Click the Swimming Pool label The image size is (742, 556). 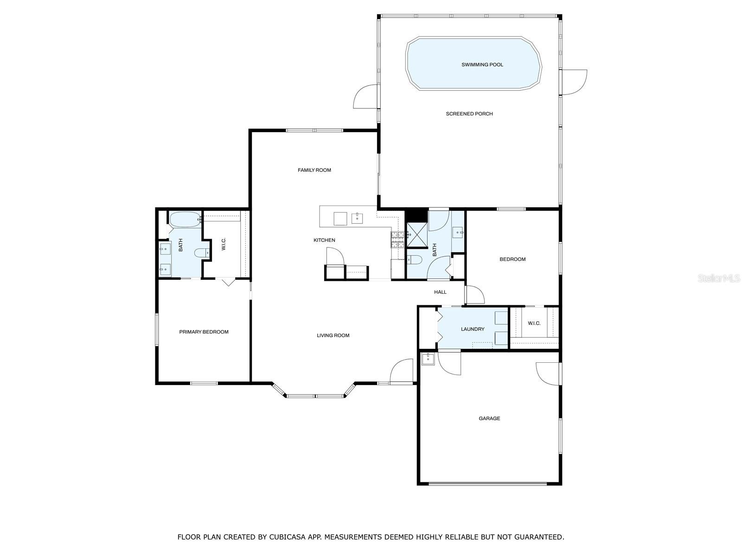(482, 64)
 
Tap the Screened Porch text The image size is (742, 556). (469, 114)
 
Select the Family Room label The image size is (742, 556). (314, 170)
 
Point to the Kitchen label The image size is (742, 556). (324, 240)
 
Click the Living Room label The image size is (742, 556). (333, 335)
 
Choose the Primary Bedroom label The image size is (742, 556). (204, 332)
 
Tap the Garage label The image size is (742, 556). (489, 418)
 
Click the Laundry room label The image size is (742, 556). (473, 329)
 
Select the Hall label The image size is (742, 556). (440, 292)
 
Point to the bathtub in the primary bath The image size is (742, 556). (185, 219)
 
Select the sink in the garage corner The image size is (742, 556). (429, 359)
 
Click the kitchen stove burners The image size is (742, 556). (398, 240)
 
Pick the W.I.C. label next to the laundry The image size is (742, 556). (534, 323)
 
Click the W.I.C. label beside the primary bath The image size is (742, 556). (224, 244)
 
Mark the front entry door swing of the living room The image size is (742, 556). (402, 371)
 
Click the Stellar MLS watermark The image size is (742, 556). (719, 278)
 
